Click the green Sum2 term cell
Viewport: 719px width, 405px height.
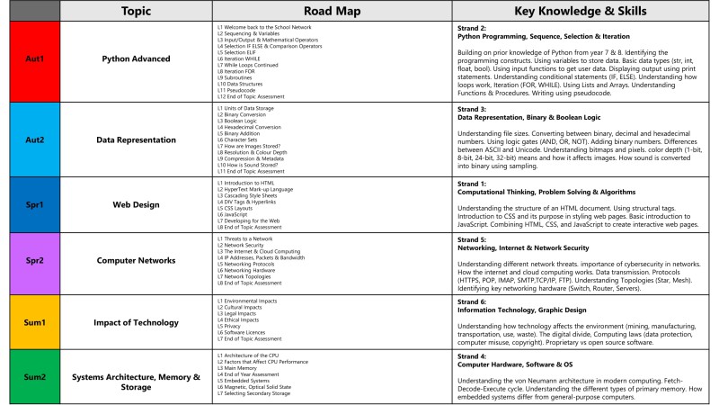(30, 377)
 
